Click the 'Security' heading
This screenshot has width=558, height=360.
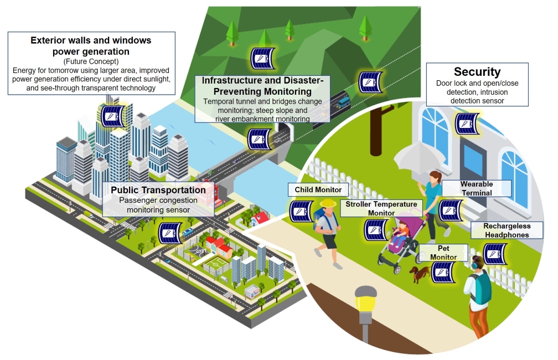click(477, 72)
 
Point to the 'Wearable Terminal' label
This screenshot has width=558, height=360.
click(476, 188)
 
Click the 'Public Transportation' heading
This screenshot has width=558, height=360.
click(158, 191)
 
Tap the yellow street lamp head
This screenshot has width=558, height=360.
click(365, 297)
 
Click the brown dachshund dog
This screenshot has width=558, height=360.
click(419, 272)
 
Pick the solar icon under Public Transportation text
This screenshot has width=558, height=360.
click(169, 233)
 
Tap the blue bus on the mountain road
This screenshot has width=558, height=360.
click(343, 101)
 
